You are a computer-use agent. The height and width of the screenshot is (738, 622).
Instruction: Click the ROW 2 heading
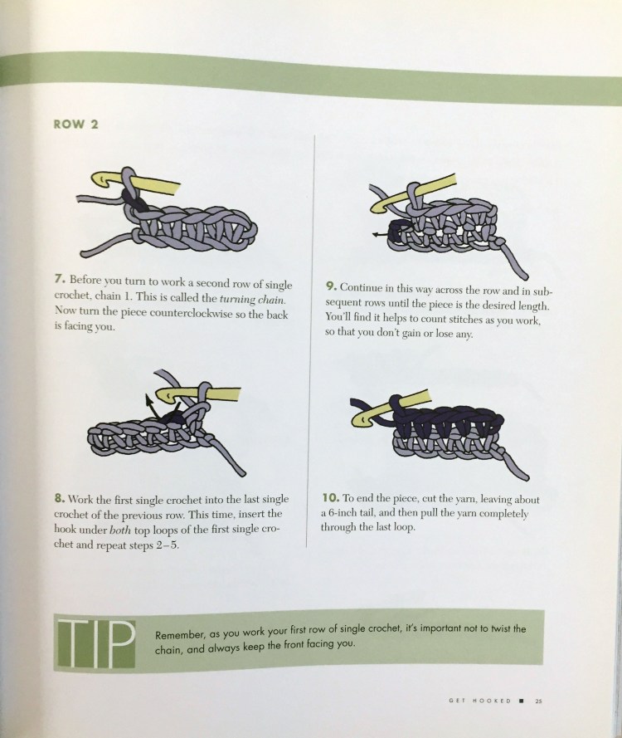tap(75, 125)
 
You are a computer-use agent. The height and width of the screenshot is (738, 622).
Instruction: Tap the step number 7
tap(59, 279)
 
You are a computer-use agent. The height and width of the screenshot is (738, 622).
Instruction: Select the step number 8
tap(59, 498)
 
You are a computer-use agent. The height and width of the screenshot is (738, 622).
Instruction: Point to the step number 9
tap(331, 286)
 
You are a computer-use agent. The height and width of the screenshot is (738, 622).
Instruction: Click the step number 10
tap(331, 497)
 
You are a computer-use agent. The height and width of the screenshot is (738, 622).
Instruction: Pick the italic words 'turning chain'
tap(252, 300)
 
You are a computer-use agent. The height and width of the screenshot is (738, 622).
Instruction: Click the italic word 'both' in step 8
tap(120, 530)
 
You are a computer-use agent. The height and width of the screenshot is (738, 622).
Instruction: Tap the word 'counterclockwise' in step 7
tap(191, 314)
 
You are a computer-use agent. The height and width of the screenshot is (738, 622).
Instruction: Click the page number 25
tap(539, 701)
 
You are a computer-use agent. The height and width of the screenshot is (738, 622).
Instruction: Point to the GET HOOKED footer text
tap(479, 701)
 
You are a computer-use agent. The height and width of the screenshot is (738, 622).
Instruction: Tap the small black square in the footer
tap(521, 701)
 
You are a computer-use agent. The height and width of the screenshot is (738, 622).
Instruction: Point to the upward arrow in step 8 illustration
tap(152, 406)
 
